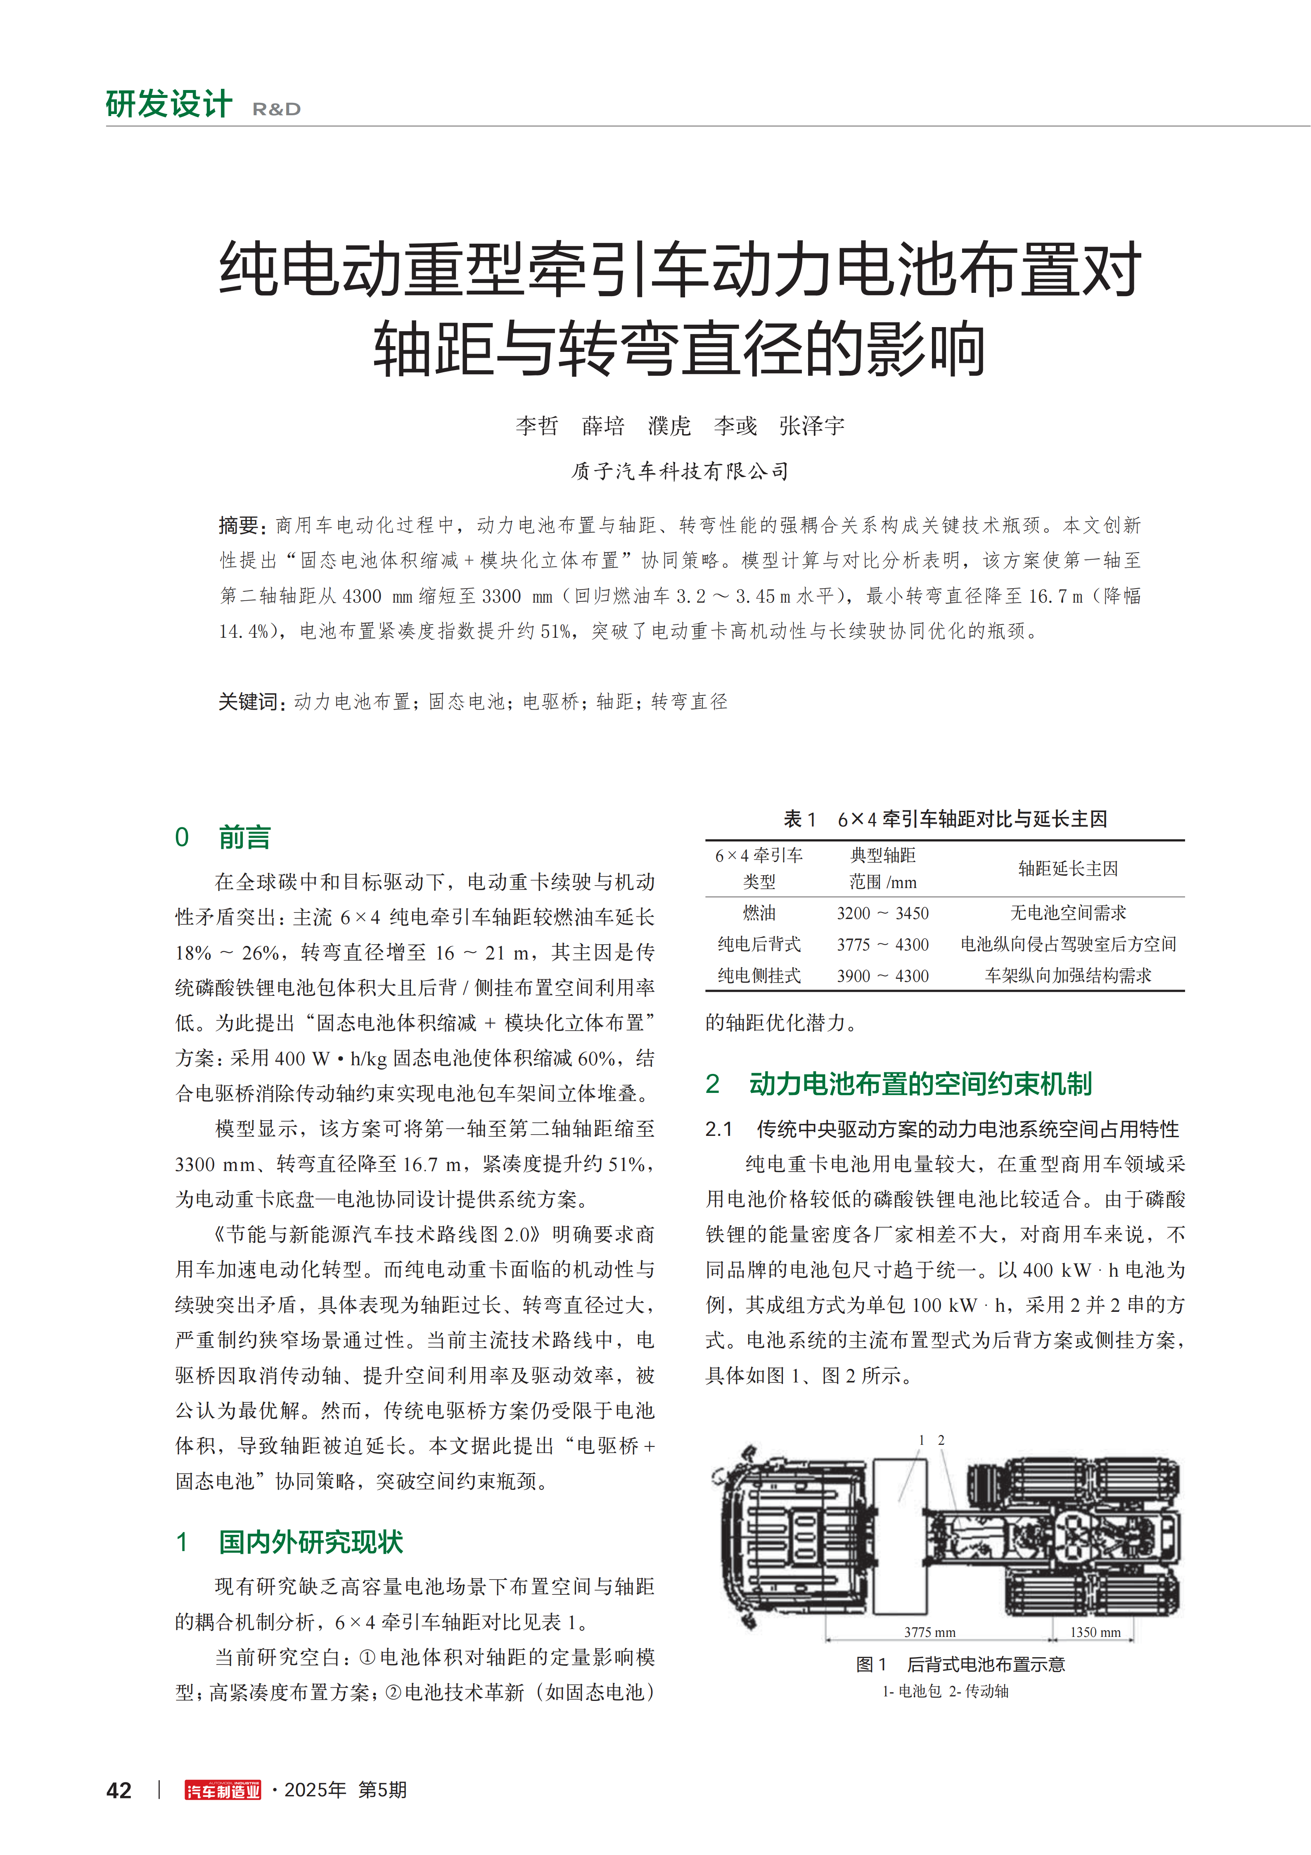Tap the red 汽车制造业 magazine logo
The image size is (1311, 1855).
223,1791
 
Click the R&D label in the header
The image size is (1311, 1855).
276,109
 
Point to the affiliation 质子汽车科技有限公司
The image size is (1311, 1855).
680,471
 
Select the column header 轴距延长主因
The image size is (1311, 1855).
1068,869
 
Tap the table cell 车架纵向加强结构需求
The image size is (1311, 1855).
1068,975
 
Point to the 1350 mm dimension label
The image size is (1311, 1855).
1095,1632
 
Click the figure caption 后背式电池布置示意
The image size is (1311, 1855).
986,1664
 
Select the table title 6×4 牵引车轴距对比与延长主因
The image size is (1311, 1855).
972,819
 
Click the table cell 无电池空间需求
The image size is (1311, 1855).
1068,913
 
